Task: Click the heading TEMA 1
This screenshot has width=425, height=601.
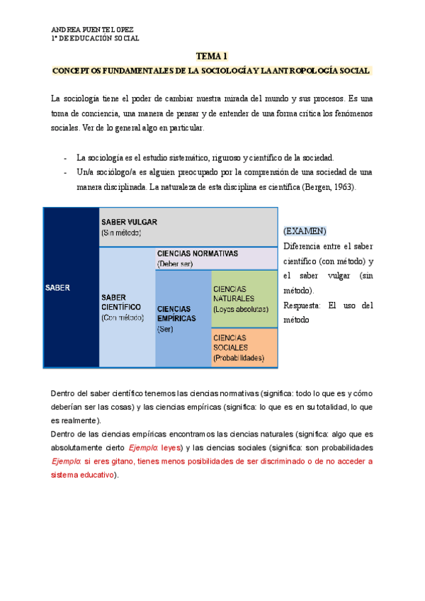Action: point(212,56)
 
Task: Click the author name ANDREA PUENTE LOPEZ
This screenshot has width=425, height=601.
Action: point(92,30)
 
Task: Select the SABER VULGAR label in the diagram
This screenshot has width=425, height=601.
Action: point(129,221)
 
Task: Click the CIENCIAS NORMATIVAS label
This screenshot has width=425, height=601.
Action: point(197,253)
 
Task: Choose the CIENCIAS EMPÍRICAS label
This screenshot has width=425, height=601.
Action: point(177,313)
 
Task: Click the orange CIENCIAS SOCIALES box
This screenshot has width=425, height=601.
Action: point(244,347)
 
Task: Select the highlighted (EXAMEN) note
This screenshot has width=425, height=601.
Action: point(305,231)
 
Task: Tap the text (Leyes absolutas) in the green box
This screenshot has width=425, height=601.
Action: point(240,309)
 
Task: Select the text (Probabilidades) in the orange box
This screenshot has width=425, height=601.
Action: point(239,359)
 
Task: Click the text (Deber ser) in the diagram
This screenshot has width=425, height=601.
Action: point(175,264)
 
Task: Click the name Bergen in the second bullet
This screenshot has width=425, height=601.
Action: point(321,187)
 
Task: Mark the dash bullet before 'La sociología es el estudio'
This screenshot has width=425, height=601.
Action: point(66,157)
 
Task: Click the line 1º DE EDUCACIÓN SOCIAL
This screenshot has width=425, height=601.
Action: point(95,38)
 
